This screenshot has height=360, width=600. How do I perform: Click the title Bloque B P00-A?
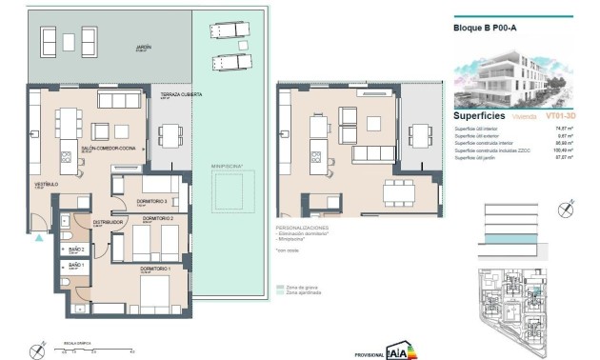[485, 29]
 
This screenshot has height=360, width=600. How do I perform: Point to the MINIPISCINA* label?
[227, 165]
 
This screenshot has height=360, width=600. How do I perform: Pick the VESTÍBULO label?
[47, 184]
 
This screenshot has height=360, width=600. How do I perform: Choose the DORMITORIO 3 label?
[152, 201]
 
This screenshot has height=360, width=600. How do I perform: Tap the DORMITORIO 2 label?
[157, 219]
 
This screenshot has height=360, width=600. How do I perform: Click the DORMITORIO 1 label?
[129, 270]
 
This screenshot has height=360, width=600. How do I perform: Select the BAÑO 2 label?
[76, 247]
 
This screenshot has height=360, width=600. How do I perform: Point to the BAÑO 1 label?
[76, 265]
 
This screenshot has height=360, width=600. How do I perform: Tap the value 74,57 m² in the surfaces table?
[559, 128]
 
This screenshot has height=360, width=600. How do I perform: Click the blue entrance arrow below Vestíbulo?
[39, 239]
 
